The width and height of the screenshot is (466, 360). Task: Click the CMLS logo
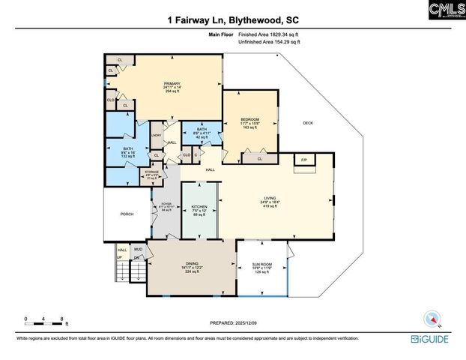pos(447,10)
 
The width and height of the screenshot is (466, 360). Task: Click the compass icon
pos(433,319)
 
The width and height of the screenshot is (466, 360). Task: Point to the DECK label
pos(307,123)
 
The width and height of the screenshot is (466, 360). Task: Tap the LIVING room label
pos(270,198)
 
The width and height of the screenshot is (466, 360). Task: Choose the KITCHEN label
pos(199,206)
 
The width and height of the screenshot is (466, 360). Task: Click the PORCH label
pos(127,214)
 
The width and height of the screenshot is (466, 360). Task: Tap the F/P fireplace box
pos(304,160)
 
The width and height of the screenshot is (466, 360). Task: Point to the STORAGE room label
pos(152,172)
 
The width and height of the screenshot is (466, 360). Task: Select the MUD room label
pos(138,249)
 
